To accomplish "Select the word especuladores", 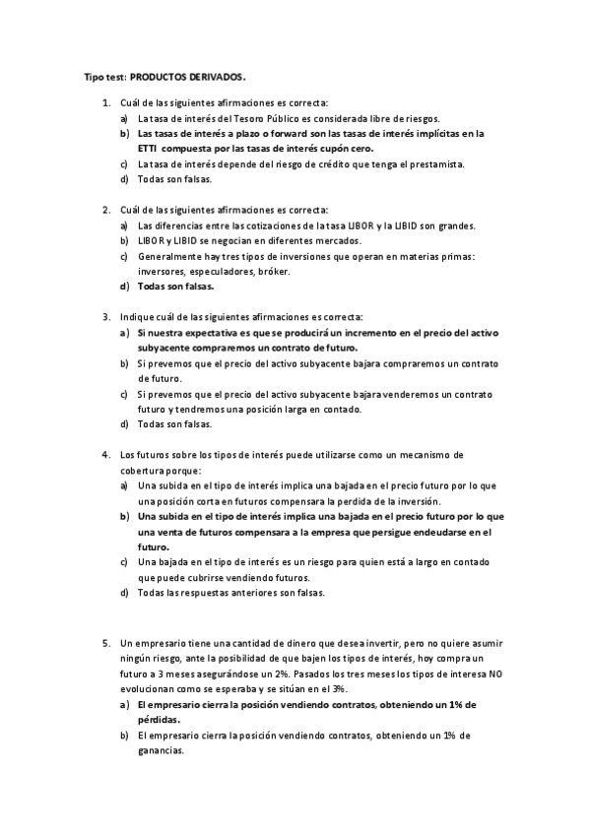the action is pos(219,271).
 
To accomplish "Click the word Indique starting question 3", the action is pos(137,317).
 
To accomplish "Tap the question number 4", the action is pos(105,455).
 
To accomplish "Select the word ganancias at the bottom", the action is pos(163,750).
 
